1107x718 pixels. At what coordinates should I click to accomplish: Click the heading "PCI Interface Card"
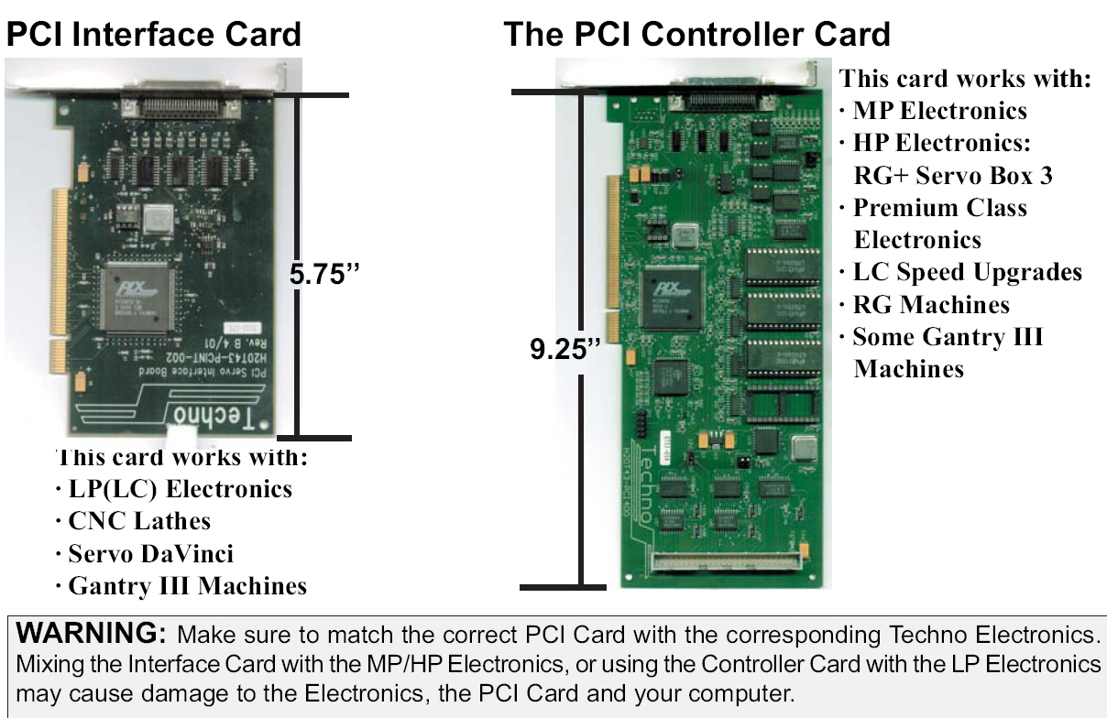tap(153, 35)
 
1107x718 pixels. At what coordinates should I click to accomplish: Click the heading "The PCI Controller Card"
tap(696, 35)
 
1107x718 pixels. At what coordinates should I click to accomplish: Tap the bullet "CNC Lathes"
tap(138, 521)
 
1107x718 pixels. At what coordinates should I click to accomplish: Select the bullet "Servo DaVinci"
tap(150, 553)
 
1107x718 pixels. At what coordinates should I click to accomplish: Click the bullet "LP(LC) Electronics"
tap(180, 489)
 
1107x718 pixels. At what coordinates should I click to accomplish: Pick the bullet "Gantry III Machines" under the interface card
tap(187, 586)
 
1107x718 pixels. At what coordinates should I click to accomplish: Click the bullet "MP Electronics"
tap(939, 111)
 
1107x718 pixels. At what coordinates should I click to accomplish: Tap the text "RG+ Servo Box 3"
tap(953, 175)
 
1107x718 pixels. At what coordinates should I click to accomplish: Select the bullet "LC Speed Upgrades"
tap(967, 272)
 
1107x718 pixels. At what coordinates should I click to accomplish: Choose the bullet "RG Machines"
tap(930, 304)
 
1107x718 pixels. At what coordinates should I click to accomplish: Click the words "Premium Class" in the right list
tap(939, 208)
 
